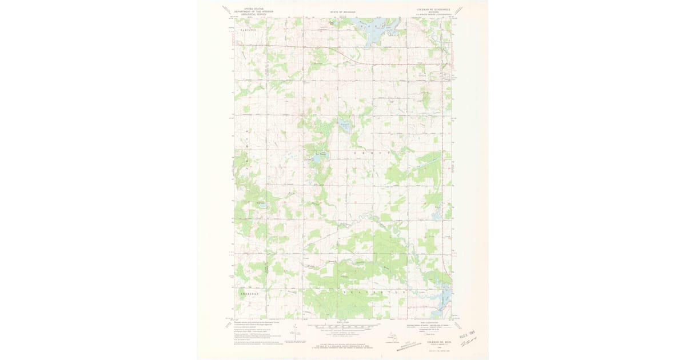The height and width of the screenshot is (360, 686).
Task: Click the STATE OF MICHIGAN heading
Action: [x=342, y=11]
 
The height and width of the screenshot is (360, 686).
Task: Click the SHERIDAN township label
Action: [x=247, y=293]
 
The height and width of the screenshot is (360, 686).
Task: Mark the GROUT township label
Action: [x=371, y=154]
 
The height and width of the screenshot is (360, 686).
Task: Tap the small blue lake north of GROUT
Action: [x=345, y=125]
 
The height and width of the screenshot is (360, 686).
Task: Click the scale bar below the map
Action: [x=342, y=327]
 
